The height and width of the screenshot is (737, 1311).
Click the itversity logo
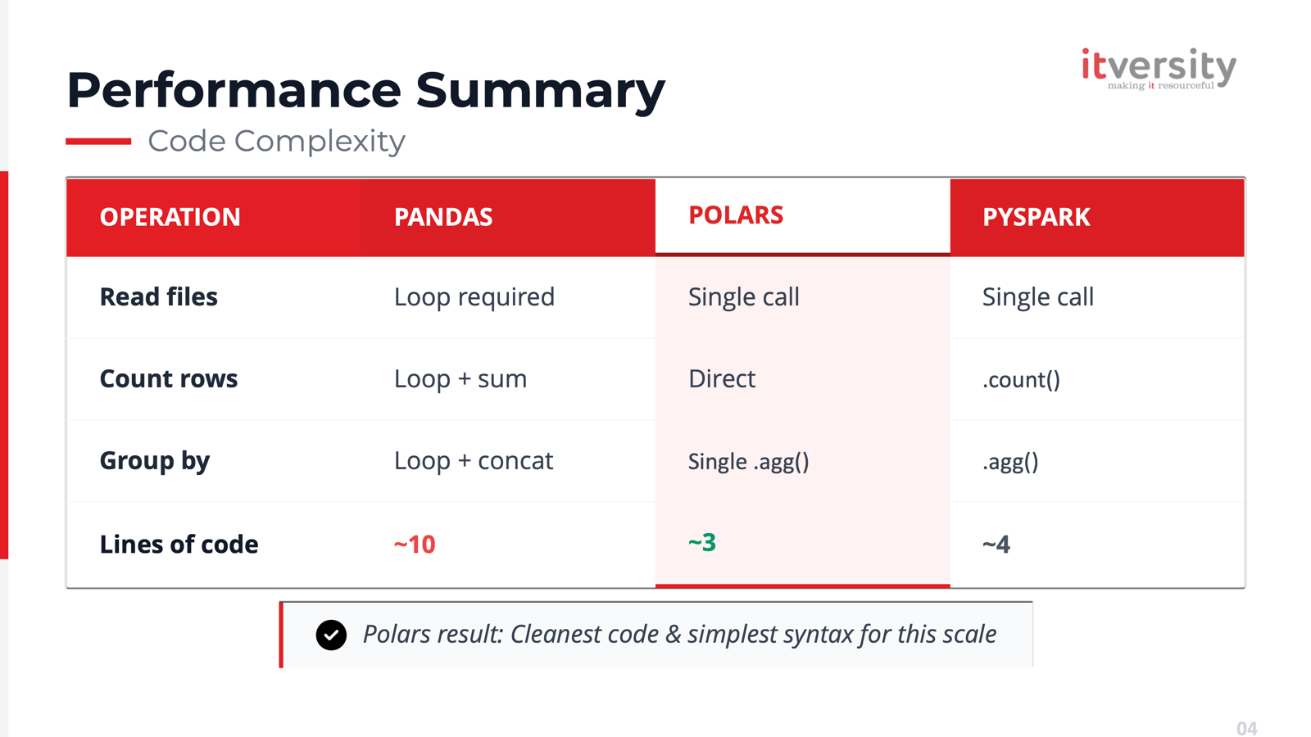[1158, 69]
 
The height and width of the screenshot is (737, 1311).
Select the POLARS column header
[736, 215]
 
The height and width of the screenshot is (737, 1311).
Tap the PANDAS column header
[443, 217]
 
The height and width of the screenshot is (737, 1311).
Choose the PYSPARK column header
[1036, 217]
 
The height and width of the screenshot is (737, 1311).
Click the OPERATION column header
[170, 217]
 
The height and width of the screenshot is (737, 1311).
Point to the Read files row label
[159, 296]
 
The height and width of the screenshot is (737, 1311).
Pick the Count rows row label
[169, 378]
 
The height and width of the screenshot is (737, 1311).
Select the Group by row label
[155, 461]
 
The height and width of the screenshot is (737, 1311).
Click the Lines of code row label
[179, 544]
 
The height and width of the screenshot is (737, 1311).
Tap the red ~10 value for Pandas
[415, 544]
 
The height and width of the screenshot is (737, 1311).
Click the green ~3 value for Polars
[702, 542]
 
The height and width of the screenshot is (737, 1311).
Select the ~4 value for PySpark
[996, 544]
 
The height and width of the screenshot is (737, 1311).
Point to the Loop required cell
[474, 296]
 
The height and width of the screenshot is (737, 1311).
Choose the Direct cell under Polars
[722, 378]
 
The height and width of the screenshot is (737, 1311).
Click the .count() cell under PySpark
[1021, 379]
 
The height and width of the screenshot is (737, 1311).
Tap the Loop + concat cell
[474, 460]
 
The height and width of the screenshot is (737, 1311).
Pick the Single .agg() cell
[748, 462]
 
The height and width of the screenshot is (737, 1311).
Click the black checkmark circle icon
[331, 635]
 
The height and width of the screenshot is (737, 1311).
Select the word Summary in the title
[540, 90]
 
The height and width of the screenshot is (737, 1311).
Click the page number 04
[1246, 728]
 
